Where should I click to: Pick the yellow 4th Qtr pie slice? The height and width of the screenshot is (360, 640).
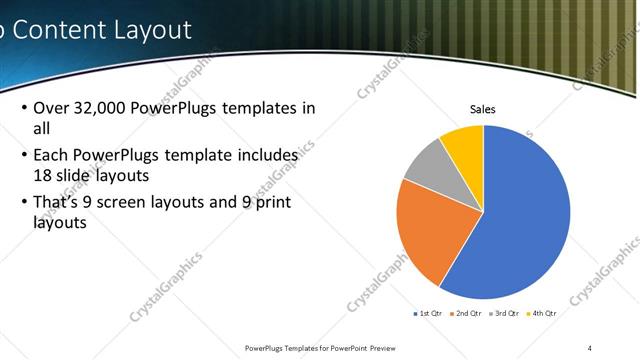[x=464, y=142]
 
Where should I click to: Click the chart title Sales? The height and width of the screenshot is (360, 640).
[x=483, y=109]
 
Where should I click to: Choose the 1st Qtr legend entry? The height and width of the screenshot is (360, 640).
[x=427, y=313]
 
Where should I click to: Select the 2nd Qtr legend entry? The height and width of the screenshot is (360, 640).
[x=466, y=313]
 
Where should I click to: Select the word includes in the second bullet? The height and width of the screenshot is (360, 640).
[x=266, y=156]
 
